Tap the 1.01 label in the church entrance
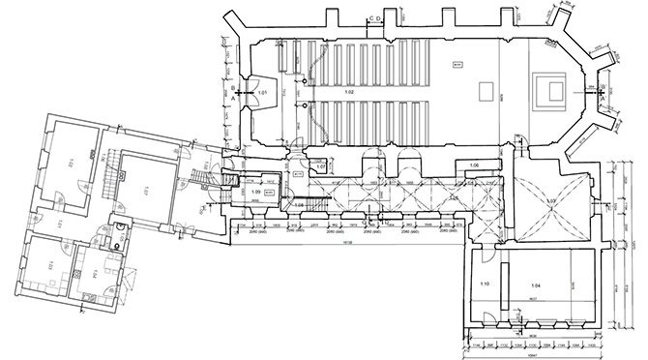coord(262,92)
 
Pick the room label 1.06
coord(475,166)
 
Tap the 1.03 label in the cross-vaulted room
coord(551,200)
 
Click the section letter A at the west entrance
coord(236,98)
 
